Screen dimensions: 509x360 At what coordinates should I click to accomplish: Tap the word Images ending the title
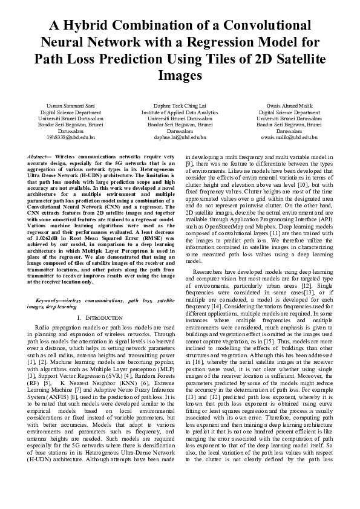point(180,76)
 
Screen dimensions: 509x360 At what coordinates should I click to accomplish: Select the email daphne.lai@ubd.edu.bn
point(180,137)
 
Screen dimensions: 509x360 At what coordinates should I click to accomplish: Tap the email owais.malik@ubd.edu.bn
point(289,137)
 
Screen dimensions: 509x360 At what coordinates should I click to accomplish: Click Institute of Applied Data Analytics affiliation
point(180,112)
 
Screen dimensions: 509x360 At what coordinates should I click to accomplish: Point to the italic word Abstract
point(39,157)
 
